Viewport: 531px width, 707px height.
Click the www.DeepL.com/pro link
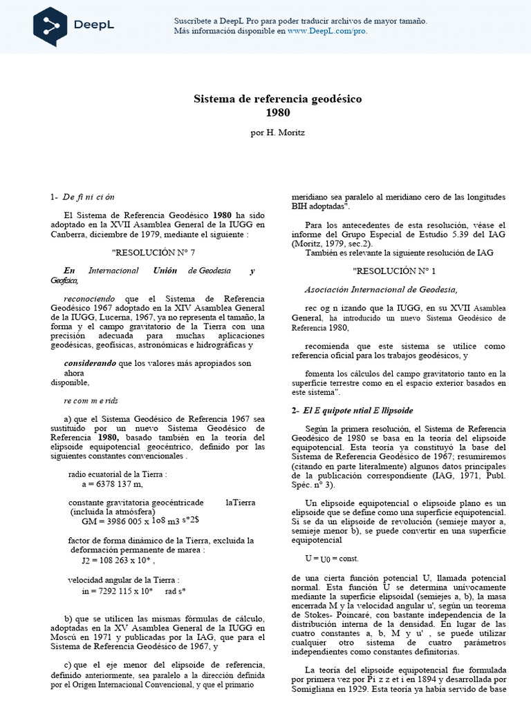click(327, 31)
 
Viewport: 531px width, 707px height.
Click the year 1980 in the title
click(277, 113)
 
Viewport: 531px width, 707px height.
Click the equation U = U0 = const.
click(331, 557)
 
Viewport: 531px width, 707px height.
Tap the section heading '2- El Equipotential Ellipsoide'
click(353, 410)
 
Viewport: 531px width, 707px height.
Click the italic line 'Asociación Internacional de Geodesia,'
click(381, 289)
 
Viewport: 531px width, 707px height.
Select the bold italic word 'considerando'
click(90, 362)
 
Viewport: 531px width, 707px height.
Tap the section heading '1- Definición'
click(82, 196)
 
